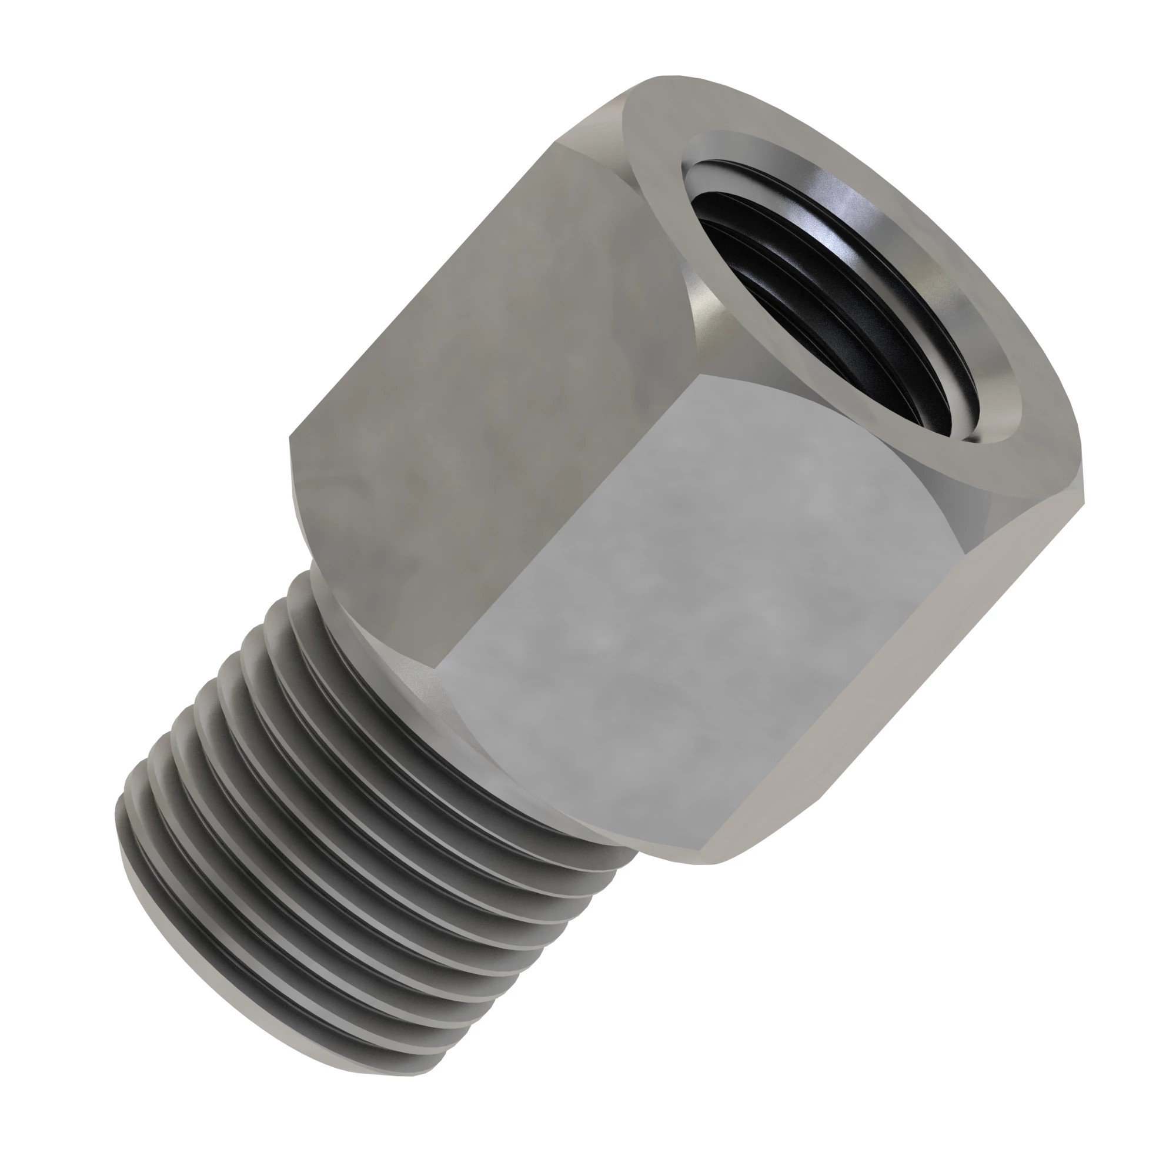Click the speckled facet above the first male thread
(420, 676)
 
